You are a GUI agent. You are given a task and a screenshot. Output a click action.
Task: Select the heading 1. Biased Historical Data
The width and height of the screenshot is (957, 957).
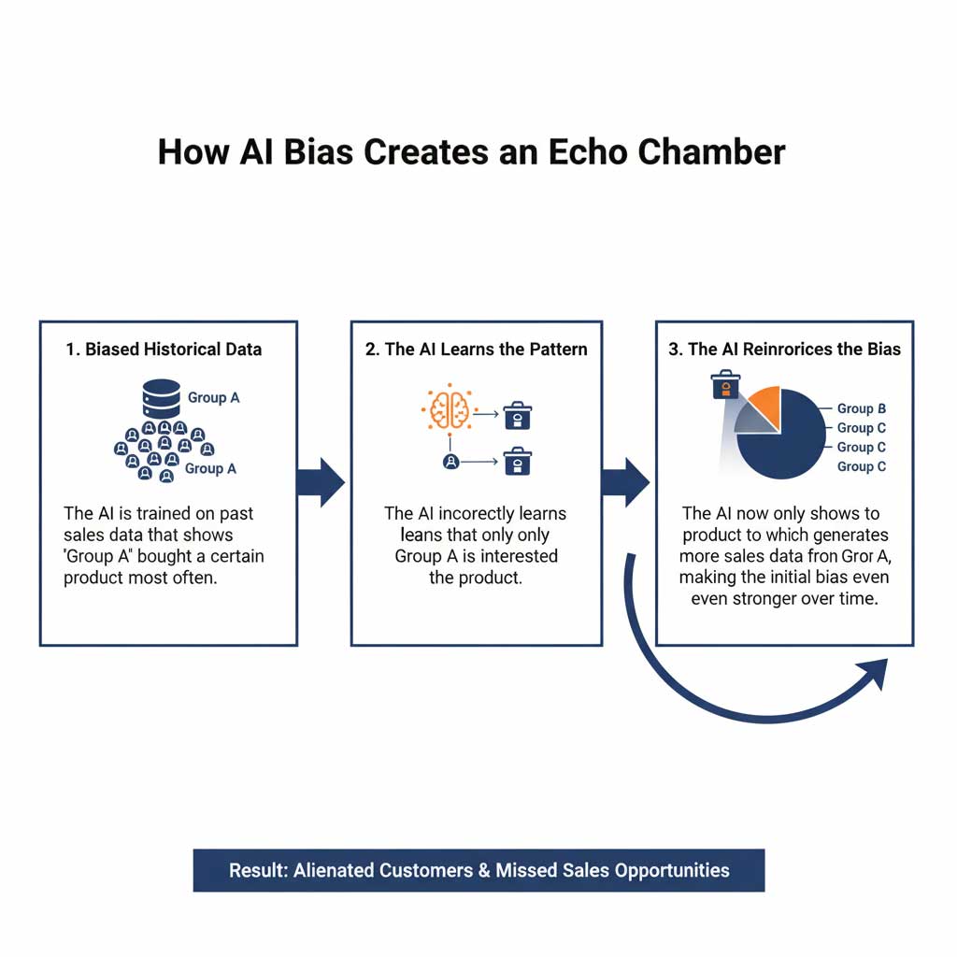pos(164,350)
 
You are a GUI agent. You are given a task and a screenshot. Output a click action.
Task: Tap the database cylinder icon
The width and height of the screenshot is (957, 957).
pos(161,398)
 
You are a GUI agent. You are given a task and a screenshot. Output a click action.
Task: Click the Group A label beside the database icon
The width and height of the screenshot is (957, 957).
pos(213,397)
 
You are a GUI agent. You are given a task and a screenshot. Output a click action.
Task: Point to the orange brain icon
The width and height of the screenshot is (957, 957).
pos(450,408)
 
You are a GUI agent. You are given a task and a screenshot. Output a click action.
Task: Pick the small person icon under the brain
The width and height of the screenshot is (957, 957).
pos(450,461)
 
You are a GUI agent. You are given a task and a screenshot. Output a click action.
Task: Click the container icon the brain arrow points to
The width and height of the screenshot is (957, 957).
pos(517,415)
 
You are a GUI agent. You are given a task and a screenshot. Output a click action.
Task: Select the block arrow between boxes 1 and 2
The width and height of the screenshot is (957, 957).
pos(321,482)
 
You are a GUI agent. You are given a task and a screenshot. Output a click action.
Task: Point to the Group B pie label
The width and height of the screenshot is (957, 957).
pos(861,408)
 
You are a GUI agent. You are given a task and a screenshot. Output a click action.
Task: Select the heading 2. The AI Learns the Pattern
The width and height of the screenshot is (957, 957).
pos(477,350)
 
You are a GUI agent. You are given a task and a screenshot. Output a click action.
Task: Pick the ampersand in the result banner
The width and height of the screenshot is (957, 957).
pos(483,870)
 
